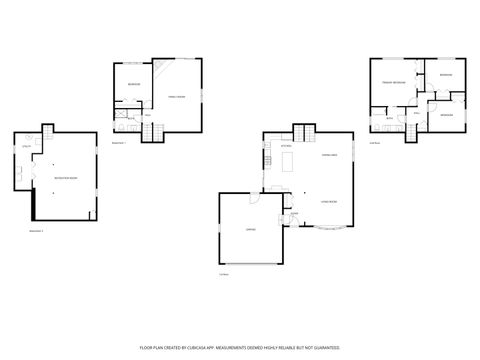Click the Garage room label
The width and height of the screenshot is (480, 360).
coord(250,230)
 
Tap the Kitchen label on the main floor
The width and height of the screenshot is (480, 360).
coord(285,147)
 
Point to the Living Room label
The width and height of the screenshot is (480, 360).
coord(327,201)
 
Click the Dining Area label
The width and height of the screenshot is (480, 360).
coord(328,155)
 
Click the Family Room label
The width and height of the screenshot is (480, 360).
coord(176,96)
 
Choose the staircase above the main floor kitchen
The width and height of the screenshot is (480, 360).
coord(304,133)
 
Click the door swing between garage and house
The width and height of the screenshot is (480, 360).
coord(256,203)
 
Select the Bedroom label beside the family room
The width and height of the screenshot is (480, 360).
coord(132,85)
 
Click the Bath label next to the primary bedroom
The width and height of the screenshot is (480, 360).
coord(389,118)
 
